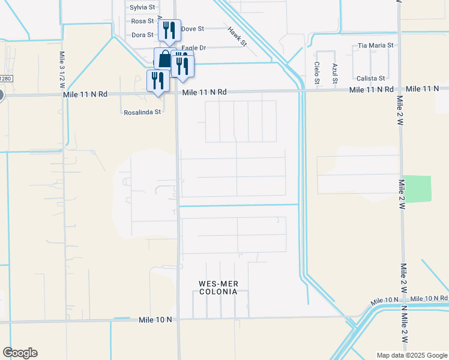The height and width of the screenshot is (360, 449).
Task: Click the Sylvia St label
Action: click(x=142, y=7)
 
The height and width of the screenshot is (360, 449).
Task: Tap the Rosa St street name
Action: click(x=143, y=21)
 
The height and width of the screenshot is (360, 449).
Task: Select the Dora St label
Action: click(x=143, y=35)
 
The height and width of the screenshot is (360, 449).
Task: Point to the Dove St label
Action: click(x=193, y=28)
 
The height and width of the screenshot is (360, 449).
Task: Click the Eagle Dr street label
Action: click(x=194, y=47)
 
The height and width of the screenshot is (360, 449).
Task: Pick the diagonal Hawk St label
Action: click(x=237, y=36)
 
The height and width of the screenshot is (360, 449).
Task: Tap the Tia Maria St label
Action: click(x=375, y=45)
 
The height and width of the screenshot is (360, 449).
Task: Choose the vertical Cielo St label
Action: click(x=316, y=72)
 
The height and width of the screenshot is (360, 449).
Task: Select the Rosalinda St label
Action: click(x=142, y=112)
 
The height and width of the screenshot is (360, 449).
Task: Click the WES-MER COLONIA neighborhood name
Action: click(x=218, y=287)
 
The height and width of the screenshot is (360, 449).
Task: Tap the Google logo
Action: click(x=20, y=353)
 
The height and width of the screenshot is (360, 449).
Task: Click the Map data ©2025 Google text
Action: click(x=412, y=355)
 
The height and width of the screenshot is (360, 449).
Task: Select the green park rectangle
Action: click(x=417, y=188)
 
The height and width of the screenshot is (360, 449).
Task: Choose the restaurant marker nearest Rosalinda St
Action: click(x=158, y=80)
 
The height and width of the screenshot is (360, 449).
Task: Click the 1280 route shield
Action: click(x=5, y=79)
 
